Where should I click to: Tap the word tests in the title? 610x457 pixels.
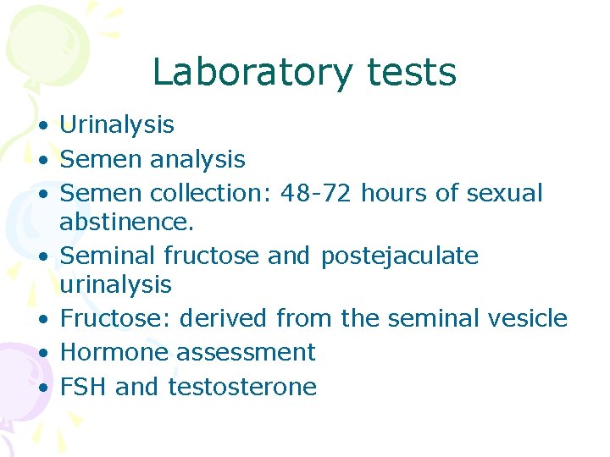[x=412, y=73]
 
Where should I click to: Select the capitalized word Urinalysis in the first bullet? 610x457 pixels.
[x=117, y=125]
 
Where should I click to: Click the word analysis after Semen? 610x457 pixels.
[x=197, y=159]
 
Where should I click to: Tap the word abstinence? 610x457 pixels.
[x=127, y=222]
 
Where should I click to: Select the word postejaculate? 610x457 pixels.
[x=399, y=256]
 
